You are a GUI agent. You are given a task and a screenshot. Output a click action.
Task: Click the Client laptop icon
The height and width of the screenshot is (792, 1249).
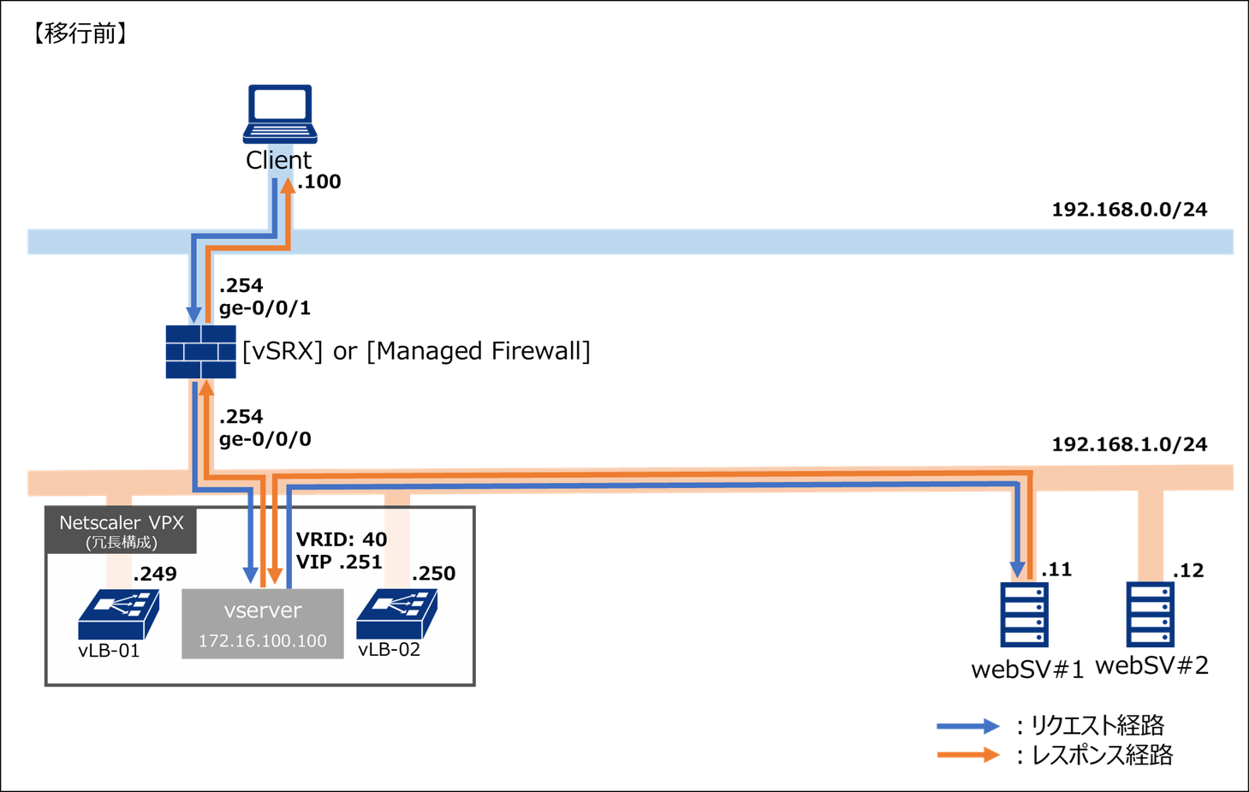click(280, 114)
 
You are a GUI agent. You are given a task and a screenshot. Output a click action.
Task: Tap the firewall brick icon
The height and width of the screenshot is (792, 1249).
click(200, 351)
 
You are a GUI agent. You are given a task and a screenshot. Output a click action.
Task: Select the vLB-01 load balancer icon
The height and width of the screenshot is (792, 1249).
click(118, 614)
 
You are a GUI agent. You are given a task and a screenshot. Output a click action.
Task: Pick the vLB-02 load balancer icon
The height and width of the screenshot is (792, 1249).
click(396, 614)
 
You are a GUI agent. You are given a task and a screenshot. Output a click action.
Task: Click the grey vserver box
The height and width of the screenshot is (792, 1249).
click(262, 623)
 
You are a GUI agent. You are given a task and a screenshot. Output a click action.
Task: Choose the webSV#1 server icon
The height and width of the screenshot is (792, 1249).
click(1024, 615)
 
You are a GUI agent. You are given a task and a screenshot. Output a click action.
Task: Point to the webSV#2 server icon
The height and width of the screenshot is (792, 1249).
click(1150, 615)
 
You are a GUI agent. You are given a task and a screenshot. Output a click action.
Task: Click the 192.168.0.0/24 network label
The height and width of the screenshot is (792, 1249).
click(1128, 210)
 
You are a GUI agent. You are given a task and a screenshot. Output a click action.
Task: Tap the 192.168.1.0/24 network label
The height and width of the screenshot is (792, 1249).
click(1128, 445)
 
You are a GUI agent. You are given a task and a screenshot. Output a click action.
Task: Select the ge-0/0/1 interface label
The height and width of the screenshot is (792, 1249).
click(265, 308)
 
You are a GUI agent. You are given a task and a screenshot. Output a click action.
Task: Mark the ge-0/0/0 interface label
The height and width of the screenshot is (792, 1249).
click(265, 440)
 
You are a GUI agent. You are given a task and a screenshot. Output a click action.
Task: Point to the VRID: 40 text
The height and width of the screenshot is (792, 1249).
click(341, 540)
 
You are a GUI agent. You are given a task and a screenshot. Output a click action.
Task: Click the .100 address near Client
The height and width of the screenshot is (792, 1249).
click(319, 182)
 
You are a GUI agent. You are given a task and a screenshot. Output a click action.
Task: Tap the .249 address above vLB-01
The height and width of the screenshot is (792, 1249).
click(155, 575)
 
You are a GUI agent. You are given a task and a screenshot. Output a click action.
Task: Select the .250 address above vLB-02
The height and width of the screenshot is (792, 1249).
click(433, 575)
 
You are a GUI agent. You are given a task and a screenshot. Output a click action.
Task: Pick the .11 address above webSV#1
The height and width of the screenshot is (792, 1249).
click(1056, 570)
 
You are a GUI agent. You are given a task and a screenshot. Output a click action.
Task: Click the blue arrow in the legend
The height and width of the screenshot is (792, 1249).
click(967, 727)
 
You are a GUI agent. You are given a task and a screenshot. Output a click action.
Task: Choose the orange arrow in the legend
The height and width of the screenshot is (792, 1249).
click(967, 755)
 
